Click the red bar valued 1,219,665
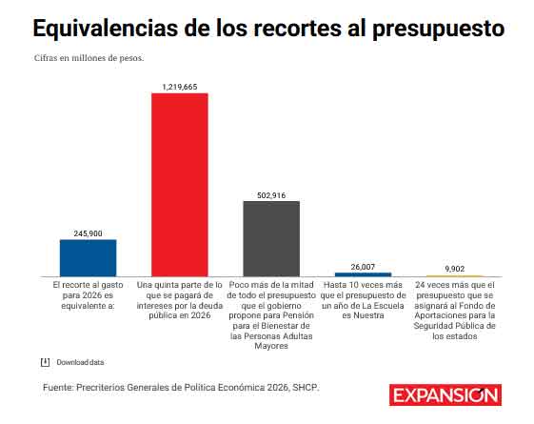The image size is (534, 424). click(180, 184)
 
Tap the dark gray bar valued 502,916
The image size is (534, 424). click(271, 238)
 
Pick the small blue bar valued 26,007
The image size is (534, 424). click(363, 274)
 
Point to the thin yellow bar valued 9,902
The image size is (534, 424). click(454, 276)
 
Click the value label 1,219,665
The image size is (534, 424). click(180, 86)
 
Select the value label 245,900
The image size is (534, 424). click(88, 232)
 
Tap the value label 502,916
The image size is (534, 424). click(271, 194)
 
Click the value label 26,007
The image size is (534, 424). click(363, 267)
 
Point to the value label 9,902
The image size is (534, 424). click(454, 269)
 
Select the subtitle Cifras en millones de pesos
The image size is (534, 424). click(89, 58)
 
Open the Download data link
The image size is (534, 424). click(80, 362)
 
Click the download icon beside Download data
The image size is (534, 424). click(45, 362)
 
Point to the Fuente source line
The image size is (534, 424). click(181, 387)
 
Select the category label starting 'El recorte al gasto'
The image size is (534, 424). click(88, 294)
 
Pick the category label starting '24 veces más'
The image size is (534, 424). click(454, 310)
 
